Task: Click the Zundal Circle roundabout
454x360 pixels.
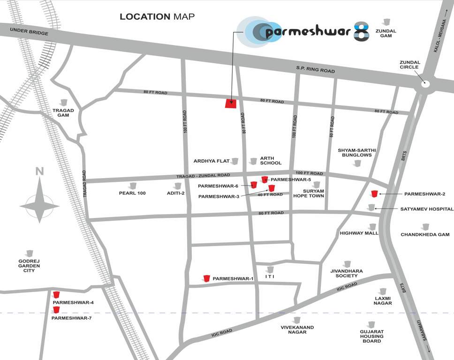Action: [x=425, y=84]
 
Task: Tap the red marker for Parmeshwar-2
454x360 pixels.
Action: [x=374, y=194]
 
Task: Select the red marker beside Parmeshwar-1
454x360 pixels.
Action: [x=206, y=278]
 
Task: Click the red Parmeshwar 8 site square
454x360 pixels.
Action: [x=230, y=104]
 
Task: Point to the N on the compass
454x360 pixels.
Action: [x=40, y=172]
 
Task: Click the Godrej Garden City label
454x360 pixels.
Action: [x=29, y=266]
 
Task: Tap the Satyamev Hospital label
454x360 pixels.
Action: [x=427, y=209]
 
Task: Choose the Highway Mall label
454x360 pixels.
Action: [x=359, y=233]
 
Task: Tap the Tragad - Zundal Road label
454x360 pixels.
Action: [x=203, y=175]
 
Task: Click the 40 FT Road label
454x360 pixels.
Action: [x=270, y=195]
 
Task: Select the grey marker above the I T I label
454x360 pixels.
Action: [x=270, y=270]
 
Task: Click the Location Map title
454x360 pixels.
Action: [x=157, y=17]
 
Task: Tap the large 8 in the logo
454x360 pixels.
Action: [x=361, y=31]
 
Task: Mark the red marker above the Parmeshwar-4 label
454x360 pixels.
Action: [x=56, y=295]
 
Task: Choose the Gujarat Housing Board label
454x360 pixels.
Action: [x=371, y=336]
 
